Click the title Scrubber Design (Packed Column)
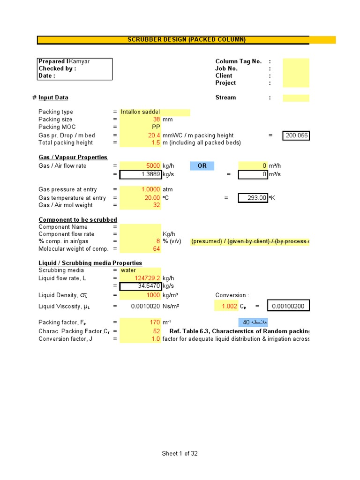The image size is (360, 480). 187,40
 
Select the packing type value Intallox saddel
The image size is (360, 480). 140,112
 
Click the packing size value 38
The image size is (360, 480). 157,120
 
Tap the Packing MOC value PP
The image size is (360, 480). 156,127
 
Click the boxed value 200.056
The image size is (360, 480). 296,135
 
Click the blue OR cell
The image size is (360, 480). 202,166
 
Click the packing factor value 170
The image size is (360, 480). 155,322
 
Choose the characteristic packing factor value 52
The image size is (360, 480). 157,331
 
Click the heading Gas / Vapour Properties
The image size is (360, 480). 73,157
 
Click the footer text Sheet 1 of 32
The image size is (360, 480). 183,453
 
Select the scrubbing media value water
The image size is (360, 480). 128,270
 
